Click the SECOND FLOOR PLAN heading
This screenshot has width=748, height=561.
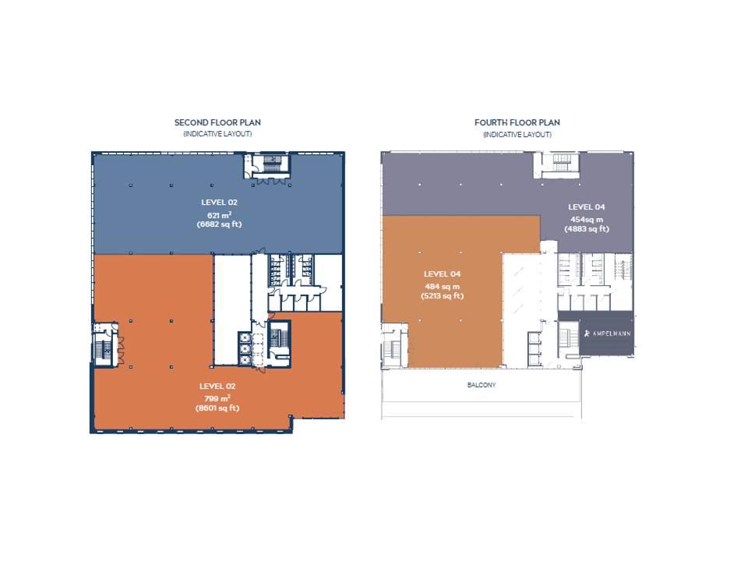[217, 122]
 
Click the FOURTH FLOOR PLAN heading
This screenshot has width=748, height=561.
[517, 122]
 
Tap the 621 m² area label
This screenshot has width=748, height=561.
[217, 214]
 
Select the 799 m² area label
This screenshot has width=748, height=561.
[217, 397]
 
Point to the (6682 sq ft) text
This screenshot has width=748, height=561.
[217, 224]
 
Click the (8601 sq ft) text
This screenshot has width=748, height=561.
[217, 408]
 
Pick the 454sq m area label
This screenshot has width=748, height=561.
[586, 219]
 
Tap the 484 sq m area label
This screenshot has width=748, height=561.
[442, 286]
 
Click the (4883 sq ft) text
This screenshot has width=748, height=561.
[586, 229]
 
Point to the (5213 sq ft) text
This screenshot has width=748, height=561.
[442, 296]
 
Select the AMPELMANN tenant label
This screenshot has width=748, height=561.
[608, 334]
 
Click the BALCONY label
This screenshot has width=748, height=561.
[482, 385]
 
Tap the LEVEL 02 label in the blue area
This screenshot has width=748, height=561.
[217, 202]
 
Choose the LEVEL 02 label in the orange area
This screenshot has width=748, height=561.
[217, 386]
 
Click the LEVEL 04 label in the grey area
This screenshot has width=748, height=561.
[586, 206]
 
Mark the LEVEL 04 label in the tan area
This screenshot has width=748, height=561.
[442, 273]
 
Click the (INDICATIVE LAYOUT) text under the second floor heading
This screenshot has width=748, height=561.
[217, 134]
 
